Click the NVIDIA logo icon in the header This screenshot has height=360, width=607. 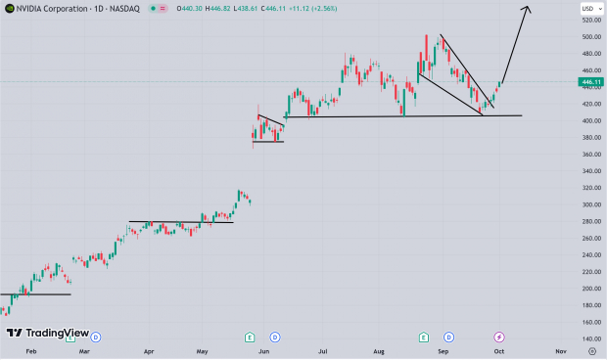9,9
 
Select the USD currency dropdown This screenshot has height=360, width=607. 588,9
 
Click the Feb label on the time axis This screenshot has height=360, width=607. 30,349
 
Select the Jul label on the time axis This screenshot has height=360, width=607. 321,349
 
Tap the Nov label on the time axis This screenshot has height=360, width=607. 560,349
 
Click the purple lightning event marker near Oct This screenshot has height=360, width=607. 498,337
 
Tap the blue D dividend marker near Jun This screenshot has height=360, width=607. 274,337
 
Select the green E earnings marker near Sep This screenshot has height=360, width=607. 423,337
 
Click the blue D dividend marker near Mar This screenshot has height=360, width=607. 96,337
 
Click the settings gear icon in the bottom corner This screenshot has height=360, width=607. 591,349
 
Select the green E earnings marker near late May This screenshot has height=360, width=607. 250,337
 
